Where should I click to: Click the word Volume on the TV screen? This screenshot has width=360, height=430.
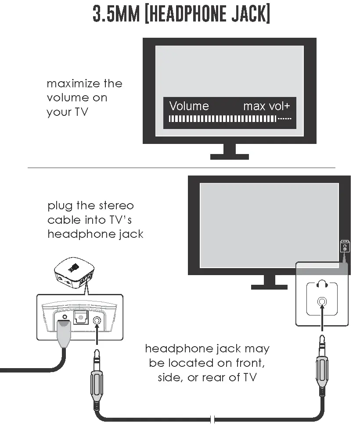pos(189,106)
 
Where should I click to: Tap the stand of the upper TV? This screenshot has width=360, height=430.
pos(229,152)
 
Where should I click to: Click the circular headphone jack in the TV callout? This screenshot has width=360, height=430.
pos(322,301)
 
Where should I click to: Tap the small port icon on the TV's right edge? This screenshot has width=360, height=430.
pos(345,246)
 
